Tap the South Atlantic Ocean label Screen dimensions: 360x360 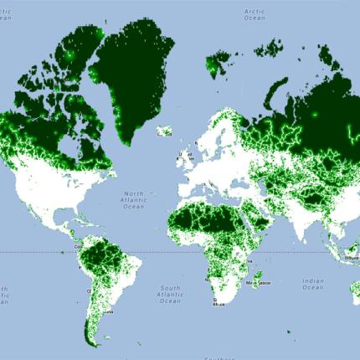click(170, 294)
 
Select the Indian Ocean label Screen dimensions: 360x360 click(312, 283)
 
